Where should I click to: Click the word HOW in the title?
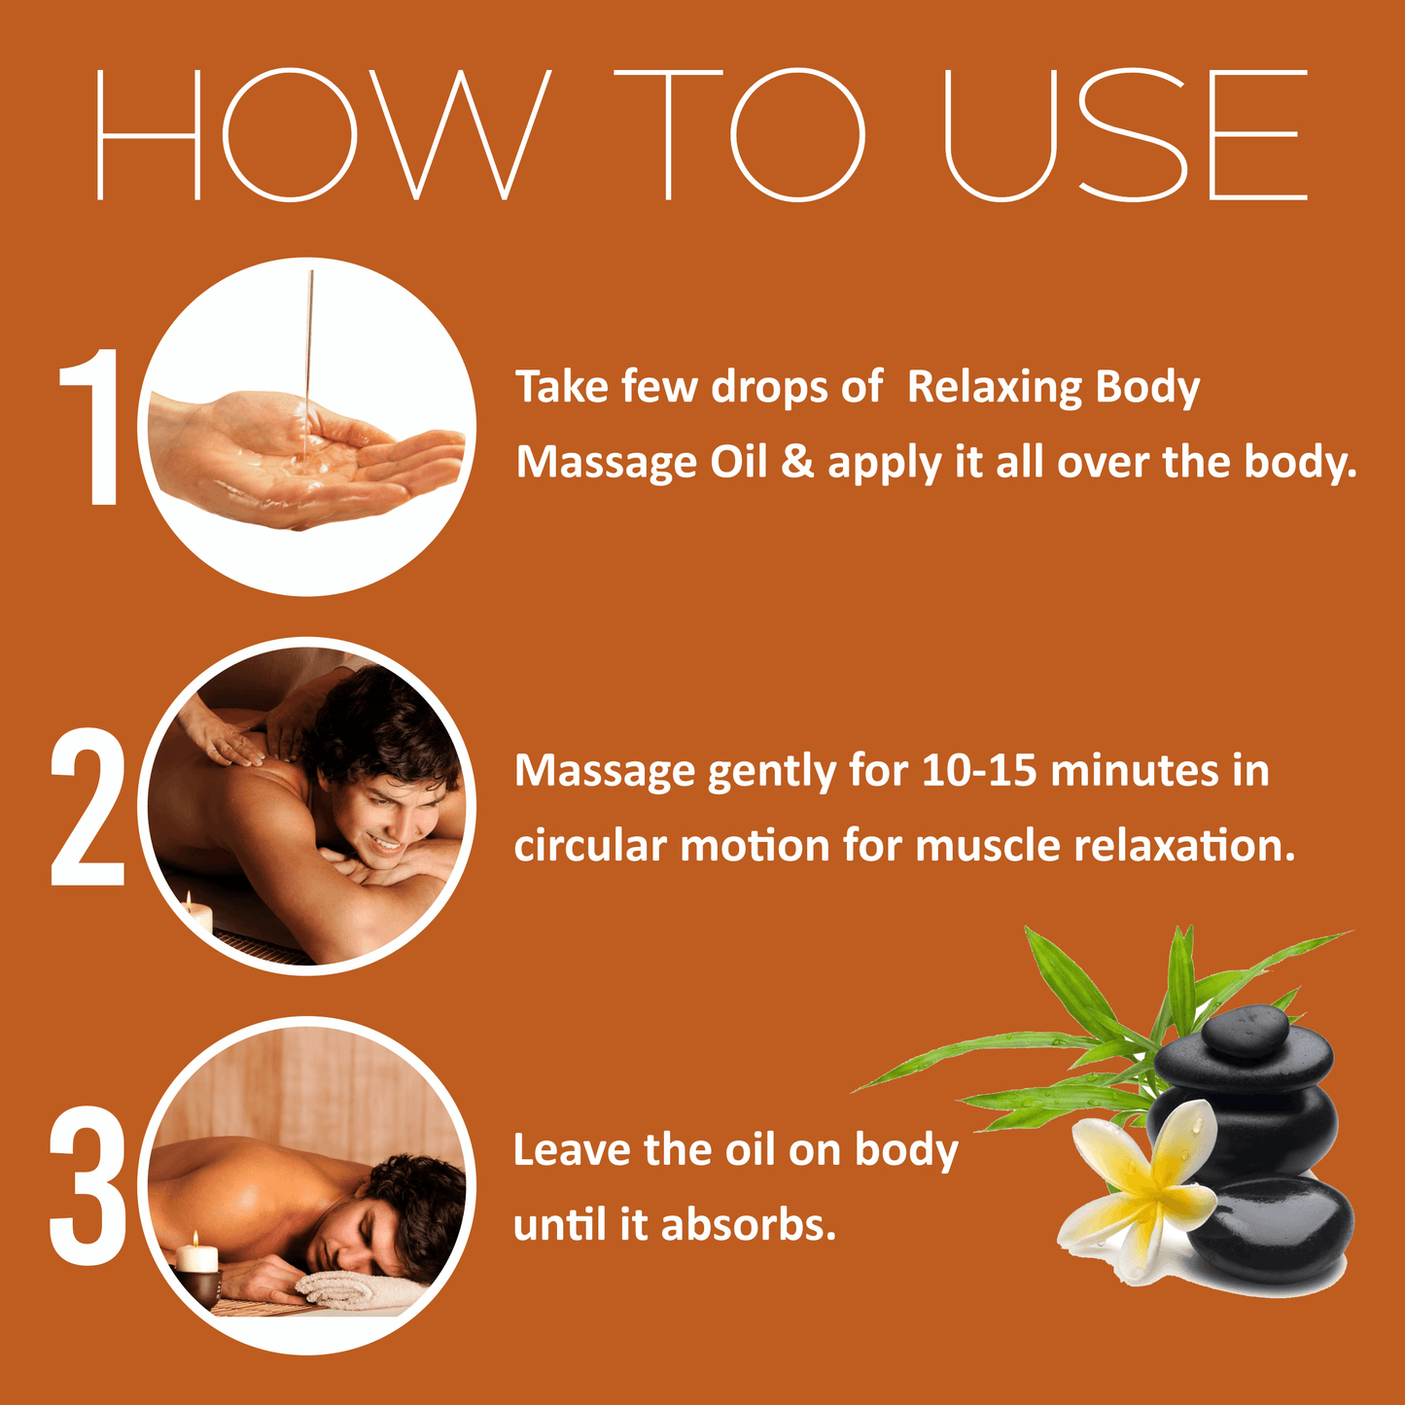point(322,135)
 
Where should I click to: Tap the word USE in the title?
point(1125,135)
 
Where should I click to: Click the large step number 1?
point(89,426)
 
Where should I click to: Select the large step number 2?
point(87,806)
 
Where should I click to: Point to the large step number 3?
point(88,1185)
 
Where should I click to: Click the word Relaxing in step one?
point(991,387)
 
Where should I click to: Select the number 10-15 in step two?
point(978,771)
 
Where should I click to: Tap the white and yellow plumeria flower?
point(1139,1197)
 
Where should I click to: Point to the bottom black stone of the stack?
point(1270,1232)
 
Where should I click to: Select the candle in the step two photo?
point(196,914)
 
